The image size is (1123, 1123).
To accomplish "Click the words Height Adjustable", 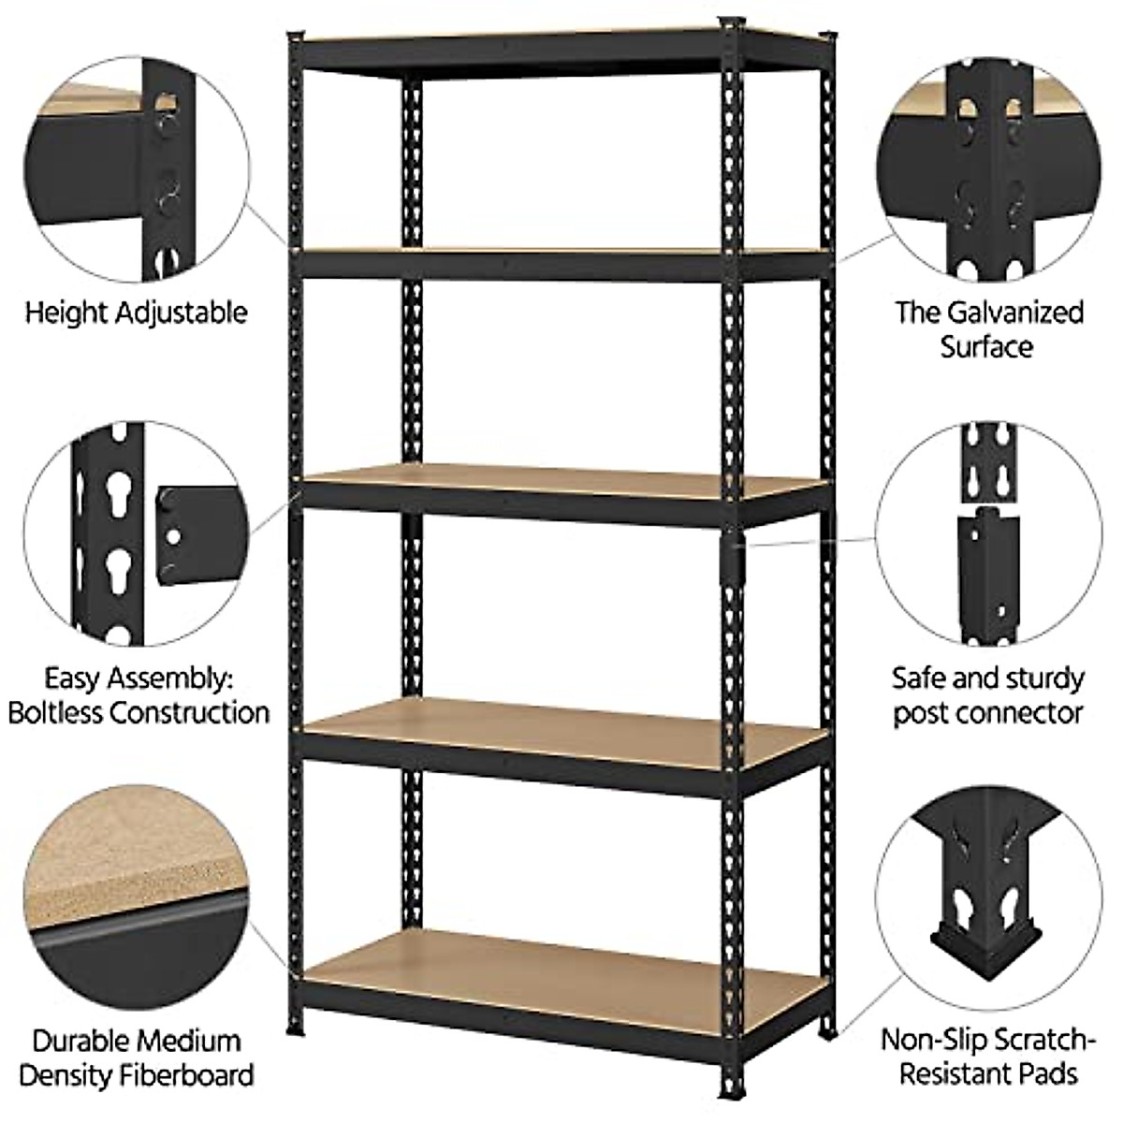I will pos(136,312).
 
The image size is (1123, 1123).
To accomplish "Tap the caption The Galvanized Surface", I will pos(988,329).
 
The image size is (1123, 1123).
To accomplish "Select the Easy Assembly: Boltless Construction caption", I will pos(139,694).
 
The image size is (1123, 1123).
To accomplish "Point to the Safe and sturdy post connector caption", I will pos(987,694).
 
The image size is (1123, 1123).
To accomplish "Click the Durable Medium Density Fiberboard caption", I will pos(137,1057).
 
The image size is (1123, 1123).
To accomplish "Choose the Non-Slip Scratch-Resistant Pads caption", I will pos(988,1057).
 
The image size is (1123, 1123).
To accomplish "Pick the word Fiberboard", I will pos(191,1075).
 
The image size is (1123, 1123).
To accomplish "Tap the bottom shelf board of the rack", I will pos(561,964).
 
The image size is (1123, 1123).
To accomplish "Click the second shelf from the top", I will pos(561,255).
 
